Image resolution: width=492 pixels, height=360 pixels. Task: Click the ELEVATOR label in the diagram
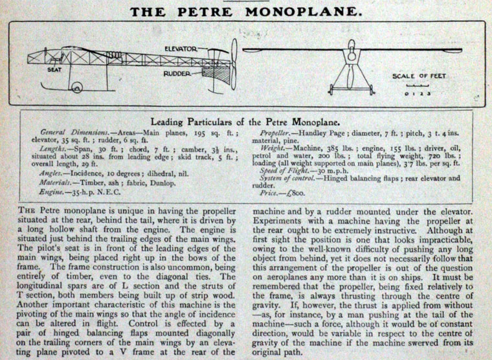184,49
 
